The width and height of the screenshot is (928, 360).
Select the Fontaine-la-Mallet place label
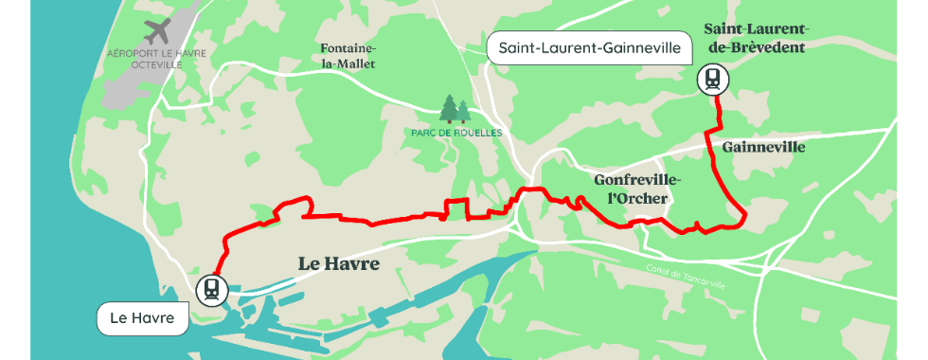[348, 56]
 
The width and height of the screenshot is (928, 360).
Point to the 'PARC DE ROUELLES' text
[456, 133]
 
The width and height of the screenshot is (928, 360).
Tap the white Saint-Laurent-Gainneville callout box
[590, 47]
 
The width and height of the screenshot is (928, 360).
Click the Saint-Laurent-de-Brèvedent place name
[756, 38]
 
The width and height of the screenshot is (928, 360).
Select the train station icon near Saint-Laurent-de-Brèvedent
[711, 80]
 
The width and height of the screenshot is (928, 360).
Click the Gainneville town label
[763, 148]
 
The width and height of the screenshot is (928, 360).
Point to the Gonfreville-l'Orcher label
[637, 189]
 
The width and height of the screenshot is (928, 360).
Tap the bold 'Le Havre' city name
[338, 263]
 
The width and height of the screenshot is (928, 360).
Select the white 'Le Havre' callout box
[142, 318]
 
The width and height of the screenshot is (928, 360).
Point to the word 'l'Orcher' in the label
[637, 198]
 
